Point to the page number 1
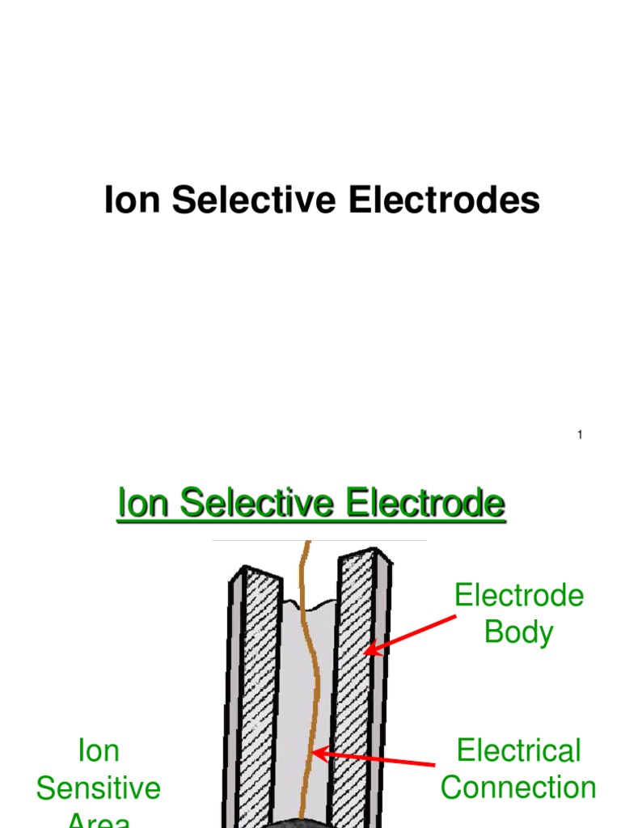(x=580, y=436)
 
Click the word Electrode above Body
(x=518, y=596)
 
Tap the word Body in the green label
(x=518, y=632)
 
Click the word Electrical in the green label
(x=518, y=750)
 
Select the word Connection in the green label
(x=518, y=787)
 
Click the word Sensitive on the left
(x=98, y=788)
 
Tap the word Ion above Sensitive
(x=98, y=750)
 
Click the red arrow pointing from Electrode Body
(x=412, y=633)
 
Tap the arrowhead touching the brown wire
(x=319, y=754)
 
